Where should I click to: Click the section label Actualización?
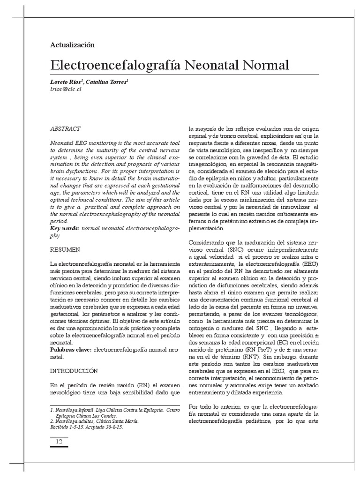pos(72,45)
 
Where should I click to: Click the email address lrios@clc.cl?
pos(66,89)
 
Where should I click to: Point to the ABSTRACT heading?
pos(65,128)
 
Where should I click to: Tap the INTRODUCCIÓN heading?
pos(74,371)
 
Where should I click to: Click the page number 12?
pos(59,442)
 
